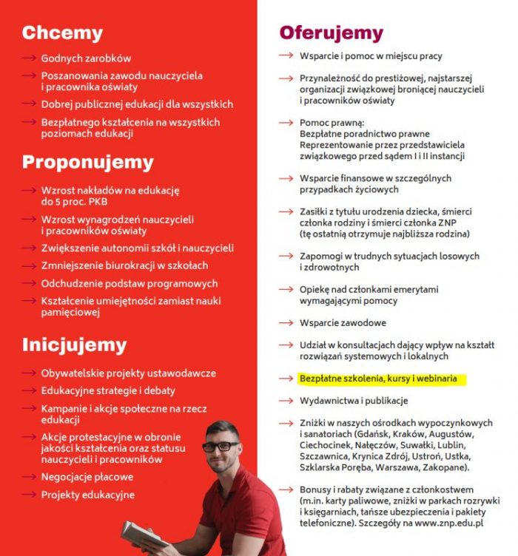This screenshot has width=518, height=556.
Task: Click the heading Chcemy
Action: click(62, 33)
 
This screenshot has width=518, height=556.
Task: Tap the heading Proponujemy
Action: click(87, 162)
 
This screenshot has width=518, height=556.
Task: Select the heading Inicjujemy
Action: click(74, 345)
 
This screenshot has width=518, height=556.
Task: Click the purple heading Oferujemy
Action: click(331, 33)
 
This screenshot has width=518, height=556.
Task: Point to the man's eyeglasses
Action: click(220, 447)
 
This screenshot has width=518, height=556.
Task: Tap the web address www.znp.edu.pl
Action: click(448, 522)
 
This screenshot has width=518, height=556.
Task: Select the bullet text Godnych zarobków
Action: click(86, 58)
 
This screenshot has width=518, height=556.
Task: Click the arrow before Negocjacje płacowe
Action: click(29, 477)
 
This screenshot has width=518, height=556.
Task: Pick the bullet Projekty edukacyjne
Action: click(87, 495)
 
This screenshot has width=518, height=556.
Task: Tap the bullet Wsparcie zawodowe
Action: click(343, 323)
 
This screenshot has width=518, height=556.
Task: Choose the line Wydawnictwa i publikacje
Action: click(354, 400)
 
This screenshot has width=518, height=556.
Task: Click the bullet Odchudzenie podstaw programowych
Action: click(129, 283)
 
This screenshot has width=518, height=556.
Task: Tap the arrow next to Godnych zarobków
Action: click(29, 58)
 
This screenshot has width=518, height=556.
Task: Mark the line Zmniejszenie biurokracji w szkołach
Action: click(124, 265)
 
